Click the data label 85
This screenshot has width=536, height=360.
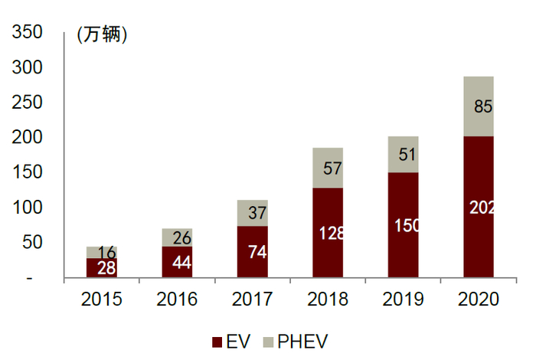tap(483, 107)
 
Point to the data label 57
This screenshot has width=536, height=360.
tap(332, 168)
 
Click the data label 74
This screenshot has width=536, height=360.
tap(257, 251)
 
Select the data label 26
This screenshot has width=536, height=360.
tap(182, 237)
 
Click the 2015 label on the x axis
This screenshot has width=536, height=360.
tap(102, 299)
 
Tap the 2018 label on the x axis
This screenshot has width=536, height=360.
tap(328, 299)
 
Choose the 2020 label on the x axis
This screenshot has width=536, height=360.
tap(478, 299)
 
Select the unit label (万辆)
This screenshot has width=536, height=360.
tap(102, 34)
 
